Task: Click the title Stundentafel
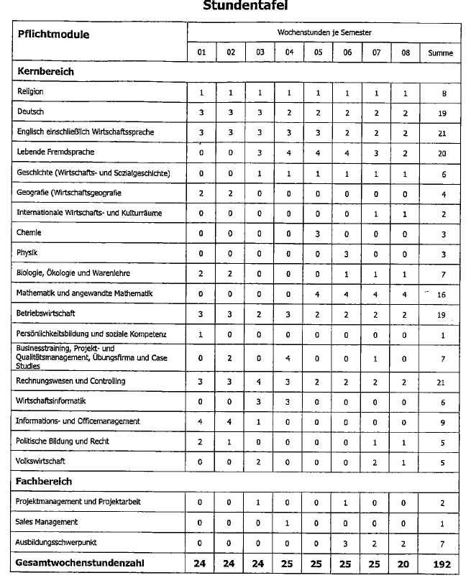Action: point(235,6)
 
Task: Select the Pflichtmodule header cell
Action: point(53,34)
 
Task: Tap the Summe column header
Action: point(440,53)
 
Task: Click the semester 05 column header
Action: point(317,53)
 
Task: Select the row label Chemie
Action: point(29,233)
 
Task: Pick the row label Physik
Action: point(28,253)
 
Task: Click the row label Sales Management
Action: point(47,522)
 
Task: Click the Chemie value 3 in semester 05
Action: point(317,234)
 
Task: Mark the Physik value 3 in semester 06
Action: point(347,254)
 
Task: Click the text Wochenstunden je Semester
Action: point(324,33)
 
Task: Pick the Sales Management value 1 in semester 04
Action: point(288,523)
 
